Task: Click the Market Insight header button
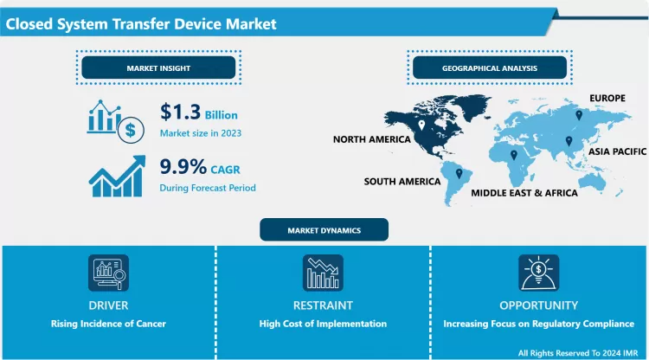[x=157, y=67]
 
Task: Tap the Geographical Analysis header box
[x=490, y=67]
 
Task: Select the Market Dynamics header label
[x=324, y=230]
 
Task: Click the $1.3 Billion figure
[x=198, y=113]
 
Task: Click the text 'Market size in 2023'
[x=200, y=133]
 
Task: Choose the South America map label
[x=402, y=182]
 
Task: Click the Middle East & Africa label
[x=524, y=193]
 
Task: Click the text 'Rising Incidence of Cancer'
[x=108, y=324]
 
